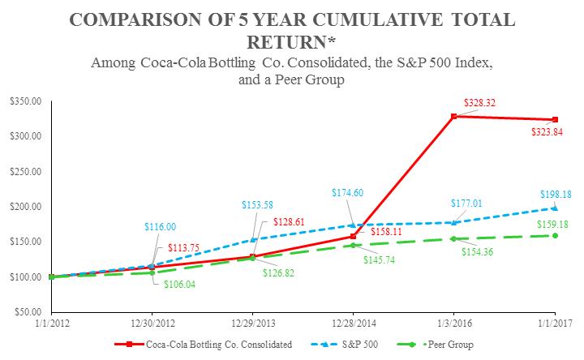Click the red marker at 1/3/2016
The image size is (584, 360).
click(x=454, y=117)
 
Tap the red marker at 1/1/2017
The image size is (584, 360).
click(x=555, y=120)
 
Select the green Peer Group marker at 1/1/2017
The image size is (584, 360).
click(x=555, y=235)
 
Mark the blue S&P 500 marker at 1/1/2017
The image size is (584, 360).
click(x=555, y=208)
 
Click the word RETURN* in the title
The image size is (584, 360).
click(x=292, y=37)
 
